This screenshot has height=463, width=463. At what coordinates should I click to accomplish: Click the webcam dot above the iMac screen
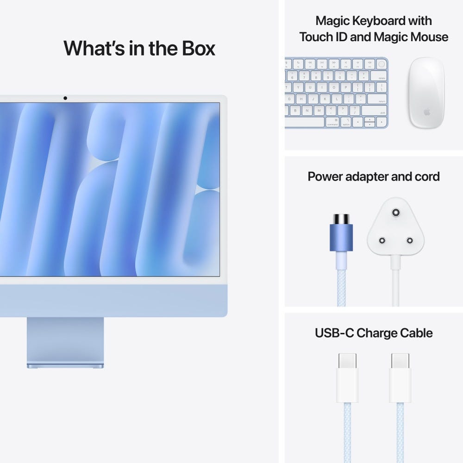click(65, 98)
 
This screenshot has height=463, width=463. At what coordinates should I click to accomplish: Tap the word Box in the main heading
click(196, 48)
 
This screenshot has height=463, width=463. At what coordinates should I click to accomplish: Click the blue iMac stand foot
click(65, 366)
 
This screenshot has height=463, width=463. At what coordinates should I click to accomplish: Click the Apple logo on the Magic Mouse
click(426, 113)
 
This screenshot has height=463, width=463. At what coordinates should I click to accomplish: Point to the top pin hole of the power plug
click(395, 213)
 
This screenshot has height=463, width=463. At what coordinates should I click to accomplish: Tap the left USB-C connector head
click(347, 377)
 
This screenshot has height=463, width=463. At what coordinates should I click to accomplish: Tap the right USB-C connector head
click(400, 377)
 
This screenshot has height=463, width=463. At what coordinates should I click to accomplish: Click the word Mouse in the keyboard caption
click(429, 37)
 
